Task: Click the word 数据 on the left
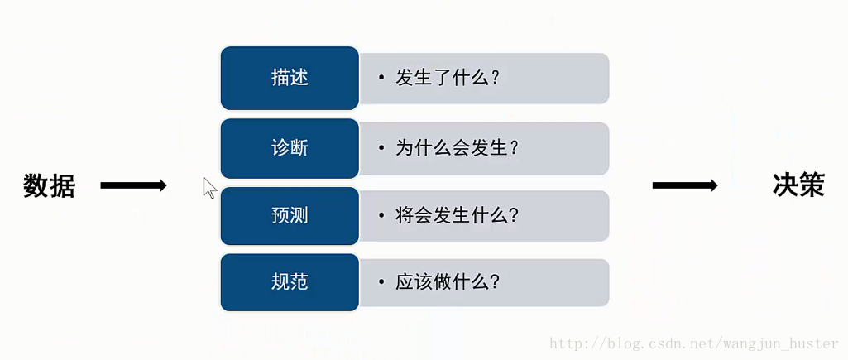point(50,186)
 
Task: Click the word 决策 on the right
point(798,185)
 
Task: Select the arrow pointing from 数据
point(133,186)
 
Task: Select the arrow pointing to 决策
point(685,185)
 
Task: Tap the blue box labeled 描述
point(290,78)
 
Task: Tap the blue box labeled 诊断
point(290,148)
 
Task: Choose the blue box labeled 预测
point(290,216)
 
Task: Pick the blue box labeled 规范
point(290,282)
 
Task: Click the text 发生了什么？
point(448,79)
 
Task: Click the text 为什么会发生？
point(457,148)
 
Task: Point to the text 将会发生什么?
point(457,216)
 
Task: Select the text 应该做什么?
point(448,282)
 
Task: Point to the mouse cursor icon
point(209,188)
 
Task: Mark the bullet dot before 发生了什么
point(381,79)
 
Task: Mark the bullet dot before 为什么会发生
point(381,148)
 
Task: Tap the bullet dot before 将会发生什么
point(381,216)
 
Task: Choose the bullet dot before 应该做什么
point(381,282)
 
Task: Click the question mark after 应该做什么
point(495,282)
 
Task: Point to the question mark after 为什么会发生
point(514,148)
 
